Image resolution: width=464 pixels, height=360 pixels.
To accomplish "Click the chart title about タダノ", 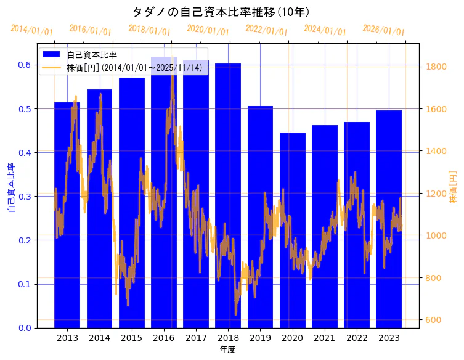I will click(221, 12).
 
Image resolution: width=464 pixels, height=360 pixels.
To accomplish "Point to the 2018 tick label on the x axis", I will click(228, 338).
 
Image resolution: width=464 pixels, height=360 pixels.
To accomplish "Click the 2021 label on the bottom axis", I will click(325, 338).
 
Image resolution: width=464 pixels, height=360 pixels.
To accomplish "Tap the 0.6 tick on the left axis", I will click(24, 65).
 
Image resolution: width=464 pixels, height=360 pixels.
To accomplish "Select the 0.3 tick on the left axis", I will click(24, 197).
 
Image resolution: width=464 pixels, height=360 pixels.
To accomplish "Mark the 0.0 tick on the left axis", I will click(24, 328).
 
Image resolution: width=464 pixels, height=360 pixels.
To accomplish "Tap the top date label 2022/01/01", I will click(266, 30).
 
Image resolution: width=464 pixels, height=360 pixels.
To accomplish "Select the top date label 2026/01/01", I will click(383, 30).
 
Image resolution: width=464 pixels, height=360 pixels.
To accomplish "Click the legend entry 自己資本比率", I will click(92, 55).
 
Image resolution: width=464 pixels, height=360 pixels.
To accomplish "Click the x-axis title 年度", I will click(227, 350).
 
